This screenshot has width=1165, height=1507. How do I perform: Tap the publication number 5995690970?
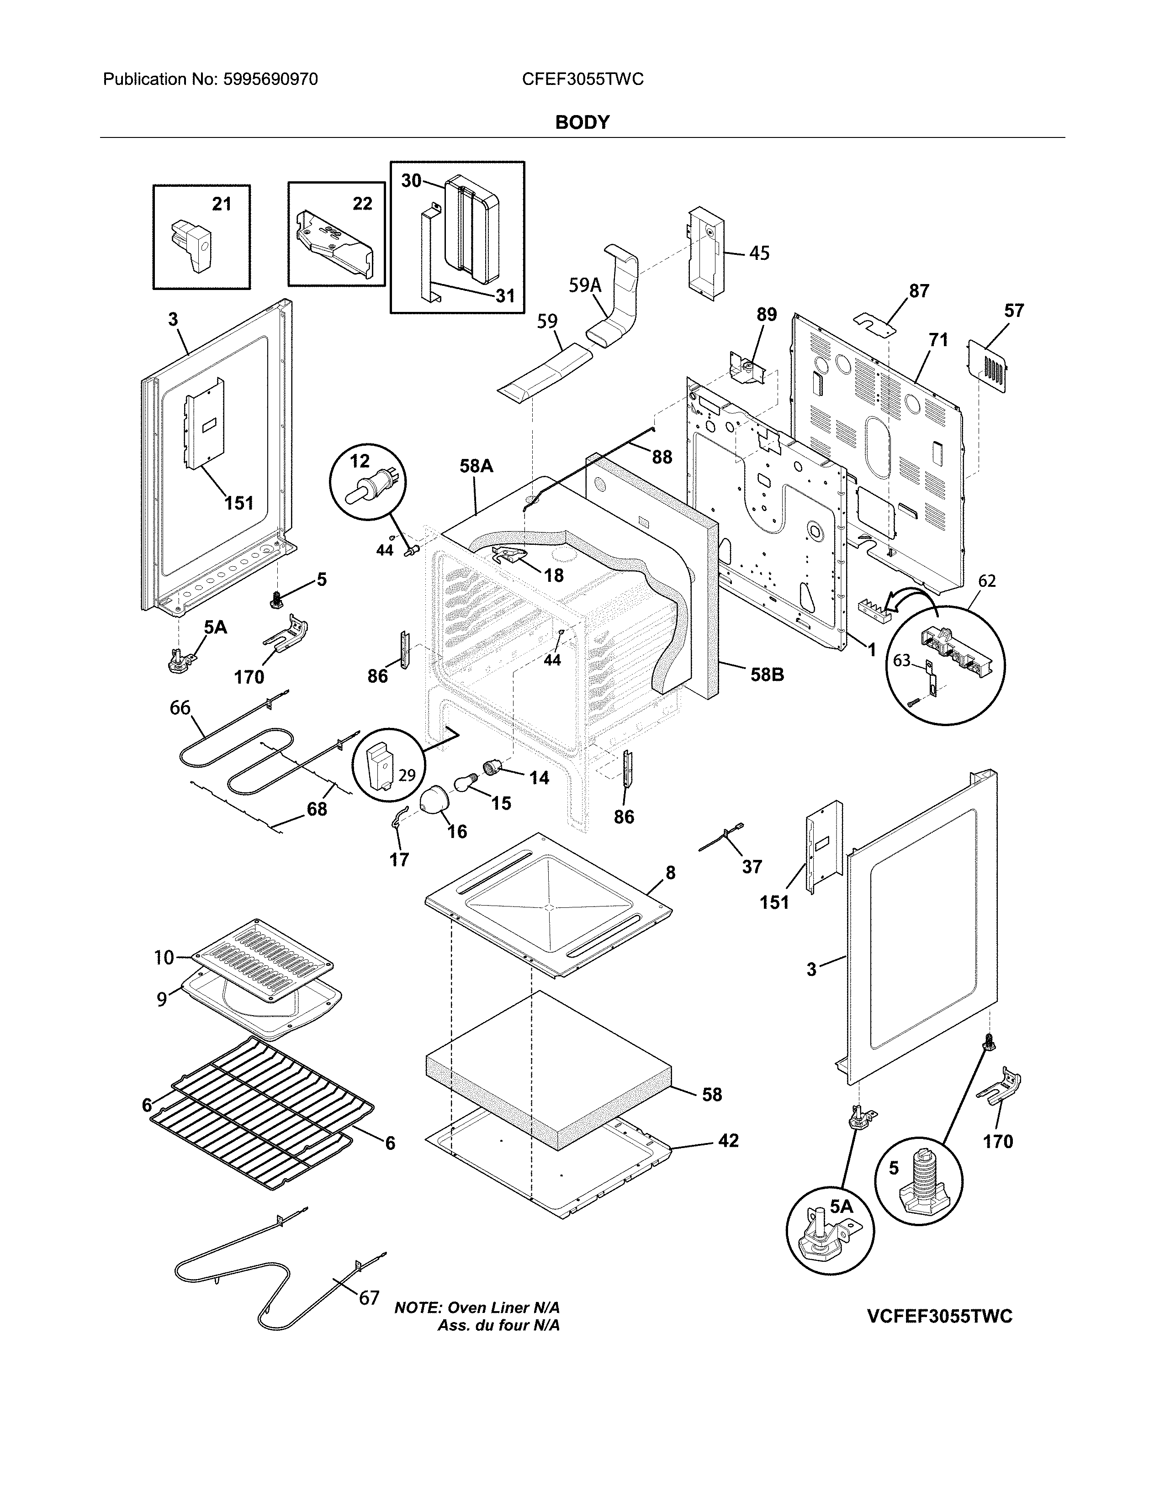(270, 79)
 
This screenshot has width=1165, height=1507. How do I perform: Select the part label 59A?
(585, 285)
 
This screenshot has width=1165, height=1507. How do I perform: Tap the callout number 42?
(728, 1141)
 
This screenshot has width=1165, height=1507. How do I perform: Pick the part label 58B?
(767, 674)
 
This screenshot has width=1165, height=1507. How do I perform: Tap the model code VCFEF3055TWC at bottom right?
(939, 1316)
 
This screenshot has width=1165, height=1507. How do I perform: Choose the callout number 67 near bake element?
(369, 1298)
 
